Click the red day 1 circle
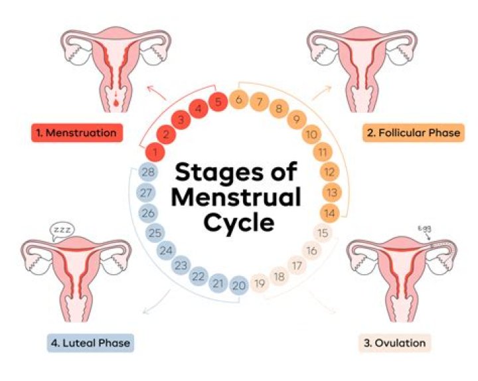tap(155, 153)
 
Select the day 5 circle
tap(217, 102)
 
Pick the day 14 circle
tap(330, 213)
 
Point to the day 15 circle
tap(323, 234)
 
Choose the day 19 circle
tap(260, 285)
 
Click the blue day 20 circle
tap(240, 285)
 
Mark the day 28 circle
tap(148, 173)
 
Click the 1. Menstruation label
tap(78, 133)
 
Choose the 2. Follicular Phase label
tap(412, 133)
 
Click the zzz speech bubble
tap(60, 230)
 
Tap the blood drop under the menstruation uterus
tap(117, 104)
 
